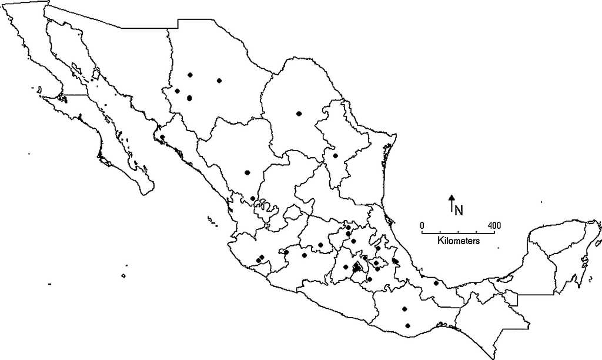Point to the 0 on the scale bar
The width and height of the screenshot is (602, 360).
422,225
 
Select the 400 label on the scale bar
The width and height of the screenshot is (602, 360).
494,225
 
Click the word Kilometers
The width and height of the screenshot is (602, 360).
459,241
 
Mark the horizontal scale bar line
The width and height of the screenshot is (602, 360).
458,233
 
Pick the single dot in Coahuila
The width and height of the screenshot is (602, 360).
299,114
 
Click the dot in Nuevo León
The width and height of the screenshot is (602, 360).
335,156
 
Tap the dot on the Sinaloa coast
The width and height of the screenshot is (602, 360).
162,137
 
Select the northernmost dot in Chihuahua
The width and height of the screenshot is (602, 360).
190,75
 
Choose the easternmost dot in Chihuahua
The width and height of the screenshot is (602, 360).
219,81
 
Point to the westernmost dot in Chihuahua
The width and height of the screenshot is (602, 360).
176,91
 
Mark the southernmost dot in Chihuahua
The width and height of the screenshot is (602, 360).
189,98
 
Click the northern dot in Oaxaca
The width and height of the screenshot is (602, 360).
404,309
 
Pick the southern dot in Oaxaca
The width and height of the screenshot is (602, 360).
407,326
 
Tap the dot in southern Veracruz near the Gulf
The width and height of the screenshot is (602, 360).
436,283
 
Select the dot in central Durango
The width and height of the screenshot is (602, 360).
248,172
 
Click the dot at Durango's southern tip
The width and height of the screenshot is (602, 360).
253,199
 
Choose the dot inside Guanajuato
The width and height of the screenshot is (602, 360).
320,245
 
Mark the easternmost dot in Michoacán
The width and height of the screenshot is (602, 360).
304,255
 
